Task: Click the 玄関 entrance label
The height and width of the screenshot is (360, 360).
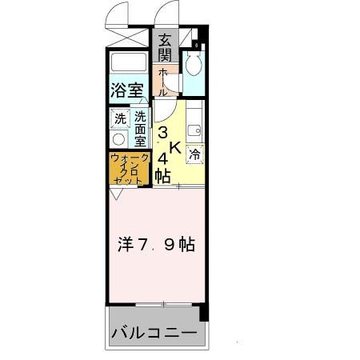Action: coord(165,47)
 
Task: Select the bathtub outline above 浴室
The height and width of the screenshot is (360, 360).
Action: coord(129,62)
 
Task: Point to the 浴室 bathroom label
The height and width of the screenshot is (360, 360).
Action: coord(129,90)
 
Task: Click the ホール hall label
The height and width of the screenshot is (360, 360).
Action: coord(163,81)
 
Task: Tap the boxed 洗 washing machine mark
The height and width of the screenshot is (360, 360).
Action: coord(120,118)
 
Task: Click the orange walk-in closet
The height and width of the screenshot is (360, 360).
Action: coord(128,170)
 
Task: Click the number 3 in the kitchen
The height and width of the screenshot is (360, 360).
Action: coord(162,132)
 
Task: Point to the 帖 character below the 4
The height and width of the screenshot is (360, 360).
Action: coord(162,176)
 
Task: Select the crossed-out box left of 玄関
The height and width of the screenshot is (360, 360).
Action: coord(128,37)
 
